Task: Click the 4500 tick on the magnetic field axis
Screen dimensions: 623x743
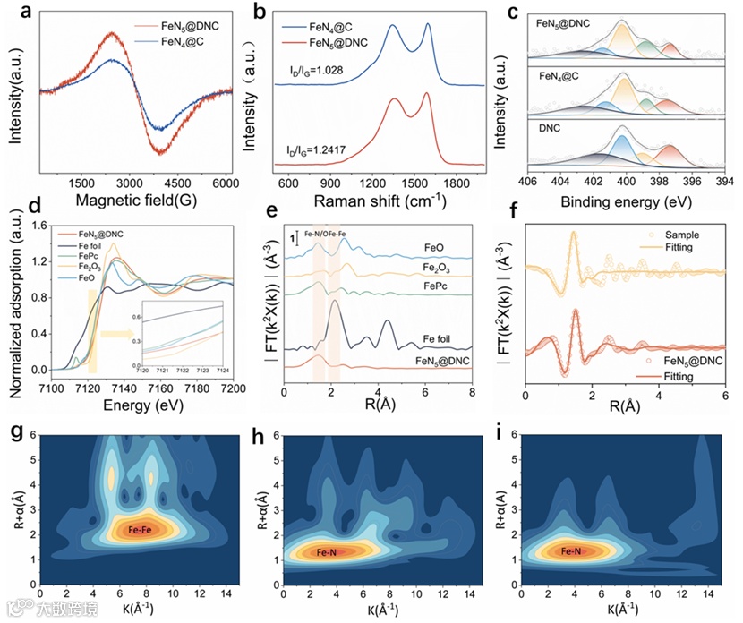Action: click(179, 183)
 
